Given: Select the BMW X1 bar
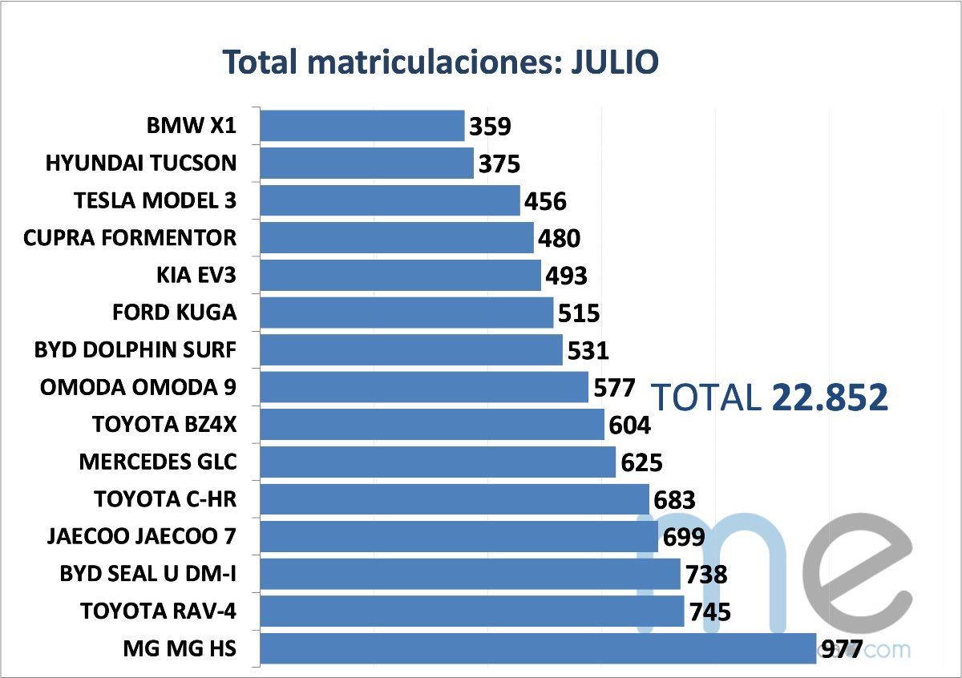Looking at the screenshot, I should tap(362, 126).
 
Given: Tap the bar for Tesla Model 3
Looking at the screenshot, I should tap(390, 200).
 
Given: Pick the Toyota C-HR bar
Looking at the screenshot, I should tap(455, 499).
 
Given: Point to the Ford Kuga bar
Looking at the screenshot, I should tap(407, 313).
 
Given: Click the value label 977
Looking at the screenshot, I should tap(840, 648).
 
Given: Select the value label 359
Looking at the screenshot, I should tap(490, 127).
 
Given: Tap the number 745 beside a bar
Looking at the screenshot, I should tap(709, 612).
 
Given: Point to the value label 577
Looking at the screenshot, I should tap(614, 389).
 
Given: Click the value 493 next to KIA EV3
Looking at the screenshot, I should tap(566, 276).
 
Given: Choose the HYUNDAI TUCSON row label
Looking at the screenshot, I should tap(141, 163).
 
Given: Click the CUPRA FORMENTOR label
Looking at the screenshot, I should tap(130, 238).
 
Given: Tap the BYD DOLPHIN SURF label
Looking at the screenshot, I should tap(135, 350).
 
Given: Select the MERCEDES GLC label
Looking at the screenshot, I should tap(158, 462).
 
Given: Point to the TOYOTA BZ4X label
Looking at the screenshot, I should tap(164, 425).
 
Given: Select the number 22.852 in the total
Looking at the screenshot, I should tap(830, 398).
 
